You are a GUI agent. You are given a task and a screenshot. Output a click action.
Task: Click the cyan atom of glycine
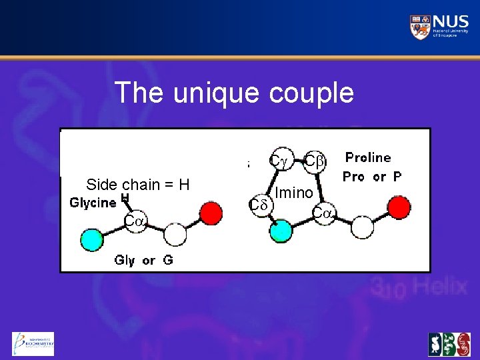click(93, 239)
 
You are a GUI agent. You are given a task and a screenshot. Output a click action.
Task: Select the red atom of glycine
click(211, 213)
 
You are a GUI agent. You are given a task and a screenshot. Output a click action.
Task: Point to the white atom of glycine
click(175, 235)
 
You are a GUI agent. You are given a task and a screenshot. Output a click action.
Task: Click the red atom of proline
click(399, 208)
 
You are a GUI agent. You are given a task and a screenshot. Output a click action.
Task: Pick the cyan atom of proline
click(281, 231)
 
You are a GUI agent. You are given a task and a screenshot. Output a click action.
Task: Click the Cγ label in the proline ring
click(278, 161)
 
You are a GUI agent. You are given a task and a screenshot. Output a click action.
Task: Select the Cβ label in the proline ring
click(314, 161)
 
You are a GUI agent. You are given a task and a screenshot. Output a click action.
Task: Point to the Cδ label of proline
click(257, 205)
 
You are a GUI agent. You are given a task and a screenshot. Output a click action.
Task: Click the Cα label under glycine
click(135, 221)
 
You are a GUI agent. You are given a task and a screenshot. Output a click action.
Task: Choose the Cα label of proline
click(324, 214)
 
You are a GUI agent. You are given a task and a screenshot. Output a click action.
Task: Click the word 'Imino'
click(294, 193)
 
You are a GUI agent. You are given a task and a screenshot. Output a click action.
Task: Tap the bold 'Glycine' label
click(93, 203)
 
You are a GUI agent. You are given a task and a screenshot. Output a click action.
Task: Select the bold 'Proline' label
click(367, 158)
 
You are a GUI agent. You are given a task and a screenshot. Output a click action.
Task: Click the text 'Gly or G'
click(143, 260)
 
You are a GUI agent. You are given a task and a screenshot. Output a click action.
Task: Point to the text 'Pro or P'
click(372, 177)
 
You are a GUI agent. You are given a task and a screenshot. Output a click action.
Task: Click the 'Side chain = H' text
click(138, 185)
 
